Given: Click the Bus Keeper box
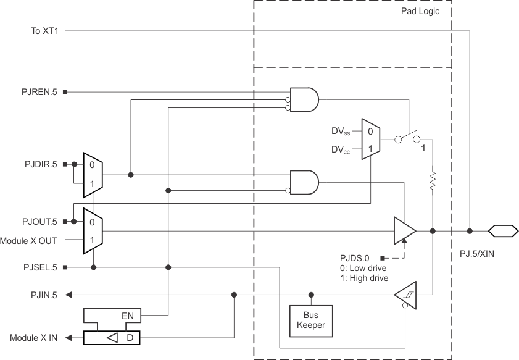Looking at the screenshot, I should pos(311,320).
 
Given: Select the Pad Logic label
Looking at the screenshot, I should pos(420,11).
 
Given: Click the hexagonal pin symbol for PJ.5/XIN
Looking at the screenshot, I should pos(502,231).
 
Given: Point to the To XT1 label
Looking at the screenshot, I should pos(44,30).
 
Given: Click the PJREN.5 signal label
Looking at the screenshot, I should pos(39,92).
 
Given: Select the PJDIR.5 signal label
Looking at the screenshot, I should pos(39,165).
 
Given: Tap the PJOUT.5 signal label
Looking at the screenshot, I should pos(39,221).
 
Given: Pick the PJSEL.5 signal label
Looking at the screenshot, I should pos(39,267).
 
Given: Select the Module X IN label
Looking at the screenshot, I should pos(34,338).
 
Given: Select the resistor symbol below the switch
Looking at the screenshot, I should pos(433,180).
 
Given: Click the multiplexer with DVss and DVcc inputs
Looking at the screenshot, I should pos(370,140).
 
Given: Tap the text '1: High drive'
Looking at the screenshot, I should pos(365,278).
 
